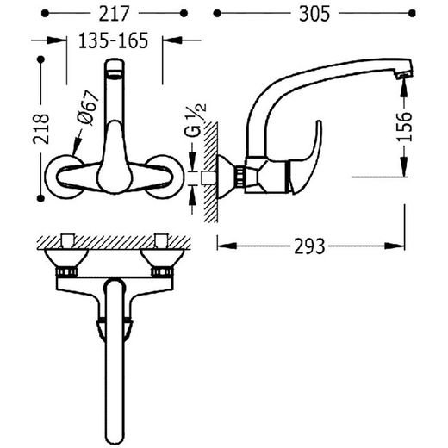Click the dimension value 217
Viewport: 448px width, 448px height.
click(114, 14)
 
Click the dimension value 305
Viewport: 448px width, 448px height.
click(314, 14)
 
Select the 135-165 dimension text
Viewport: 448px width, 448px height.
click(113, 40)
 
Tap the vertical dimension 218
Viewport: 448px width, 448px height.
click(40, 129)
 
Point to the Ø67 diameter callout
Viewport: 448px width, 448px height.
click(88, 108)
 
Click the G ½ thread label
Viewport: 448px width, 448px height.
click(196, 120)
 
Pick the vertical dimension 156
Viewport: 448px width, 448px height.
click(404, 127)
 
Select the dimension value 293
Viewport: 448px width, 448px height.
click(309, 246)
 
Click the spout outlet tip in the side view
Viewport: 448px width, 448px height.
click(404, 75)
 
